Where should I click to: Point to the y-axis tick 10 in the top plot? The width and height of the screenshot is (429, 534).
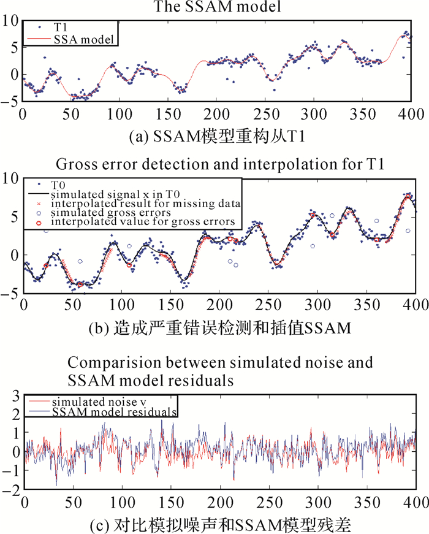click(x=11, y=20)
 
